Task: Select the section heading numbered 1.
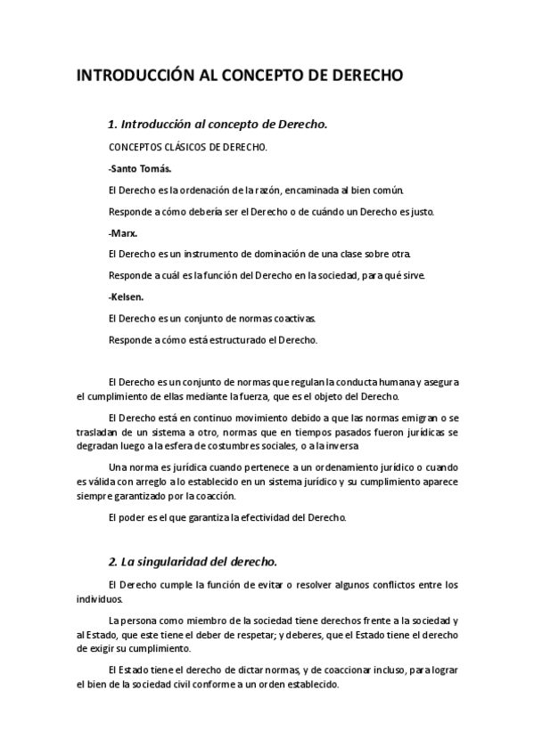coord(218,124)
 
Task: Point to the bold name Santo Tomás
coord(140,168)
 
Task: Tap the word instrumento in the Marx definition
coord(206,254)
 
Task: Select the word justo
coord(420,211)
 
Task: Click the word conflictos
coord(398,584)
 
